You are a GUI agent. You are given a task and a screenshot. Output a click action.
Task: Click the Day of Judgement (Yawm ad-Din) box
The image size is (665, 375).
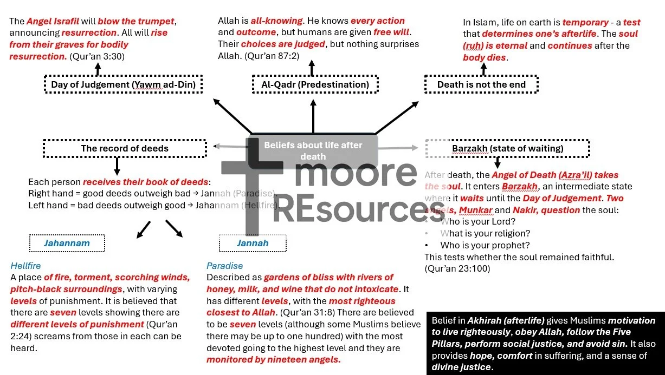pyautogui.click(x=123, y=84)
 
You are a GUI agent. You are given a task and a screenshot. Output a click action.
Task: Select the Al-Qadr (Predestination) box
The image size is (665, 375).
pyautogui.click(x=315, y=84)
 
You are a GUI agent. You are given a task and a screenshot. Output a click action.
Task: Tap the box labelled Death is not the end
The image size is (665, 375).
pyautogui.click(x=481, y=84)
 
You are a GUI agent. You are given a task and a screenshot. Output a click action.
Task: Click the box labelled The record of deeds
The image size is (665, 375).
pyautogui.click(x=125, y=148)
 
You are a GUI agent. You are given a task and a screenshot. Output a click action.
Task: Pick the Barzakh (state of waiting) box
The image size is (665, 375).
pyautogui.click(x=507, y=148)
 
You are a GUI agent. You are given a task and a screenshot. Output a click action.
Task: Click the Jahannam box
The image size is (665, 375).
pyautogui.click(x=67, y=243)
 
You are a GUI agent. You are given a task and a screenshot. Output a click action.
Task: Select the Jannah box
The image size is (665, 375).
pyautogui.click(x=252, y=243)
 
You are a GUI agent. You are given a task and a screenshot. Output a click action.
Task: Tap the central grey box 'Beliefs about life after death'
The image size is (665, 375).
pyautogui.click(x=313, y=150)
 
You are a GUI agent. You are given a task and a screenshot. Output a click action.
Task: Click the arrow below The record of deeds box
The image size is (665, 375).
pyautogui.click(x=117, y=166)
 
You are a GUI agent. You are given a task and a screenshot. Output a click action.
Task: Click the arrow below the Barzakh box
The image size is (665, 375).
pyautogui.click(x=498, y=162)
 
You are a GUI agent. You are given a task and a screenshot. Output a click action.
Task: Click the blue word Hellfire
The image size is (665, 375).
pyautogui.click(x=25, y=266)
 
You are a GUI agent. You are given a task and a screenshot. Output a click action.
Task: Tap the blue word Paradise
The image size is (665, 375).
pyautogui.click(x=224, y=266)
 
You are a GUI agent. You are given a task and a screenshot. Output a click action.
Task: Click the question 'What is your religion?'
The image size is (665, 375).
pyautogui.click(x=485, y=233)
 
